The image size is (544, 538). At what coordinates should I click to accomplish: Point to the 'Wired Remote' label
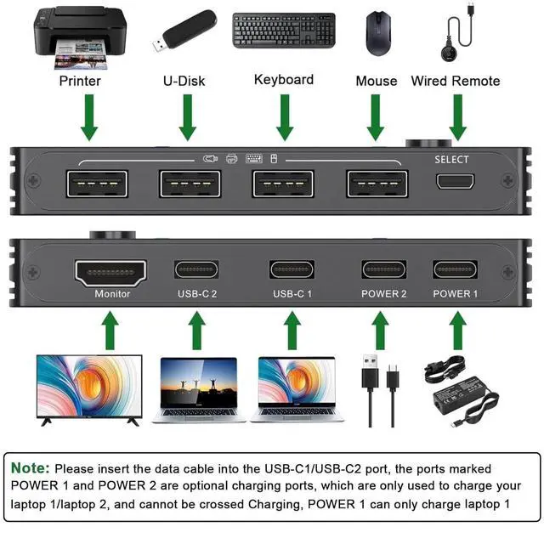[455, 81]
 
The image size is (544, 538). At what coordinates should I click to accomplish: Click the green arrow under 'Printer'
[88, 119]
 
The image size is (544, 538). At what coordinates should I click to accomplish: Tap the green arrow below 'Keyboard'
[285, 119]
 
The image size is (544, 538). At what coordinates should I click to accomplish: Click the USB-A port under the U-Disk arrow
[190, 184]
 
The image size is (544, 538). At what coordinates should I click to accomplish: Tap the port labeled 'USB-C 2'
[197, 270]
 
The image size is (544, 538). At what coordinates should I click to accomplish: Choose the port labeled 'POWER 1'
[456, 270]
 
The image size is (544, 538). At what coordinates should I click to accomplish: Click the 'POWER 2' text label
[384, 294]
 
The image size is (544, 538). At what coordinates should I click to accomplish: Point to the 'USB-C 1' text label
[292, 294]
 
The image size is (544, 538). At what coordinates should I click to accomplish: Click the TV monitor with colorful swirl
[88, 388]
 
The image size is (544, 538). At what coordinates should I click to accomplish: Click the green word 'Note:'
[31, 468]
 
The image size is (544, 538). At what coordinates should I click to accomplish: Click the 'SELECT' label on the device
[451, 159]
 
